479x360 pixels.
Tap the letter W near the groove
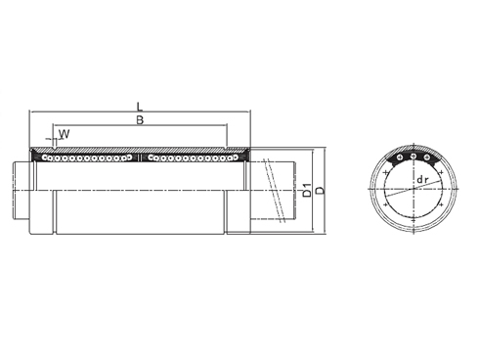(x=65, y=133)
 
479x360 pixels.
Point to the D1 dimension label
(x=307, y=188)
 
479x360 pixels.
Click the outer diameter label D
(x=320, y=188)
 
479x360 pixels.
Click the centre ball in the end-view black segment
(x=413, y=157)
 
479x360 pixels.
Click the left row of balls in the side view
(x=88, y=156)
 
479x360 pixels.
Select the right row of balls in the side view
(x=192, y=156)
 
